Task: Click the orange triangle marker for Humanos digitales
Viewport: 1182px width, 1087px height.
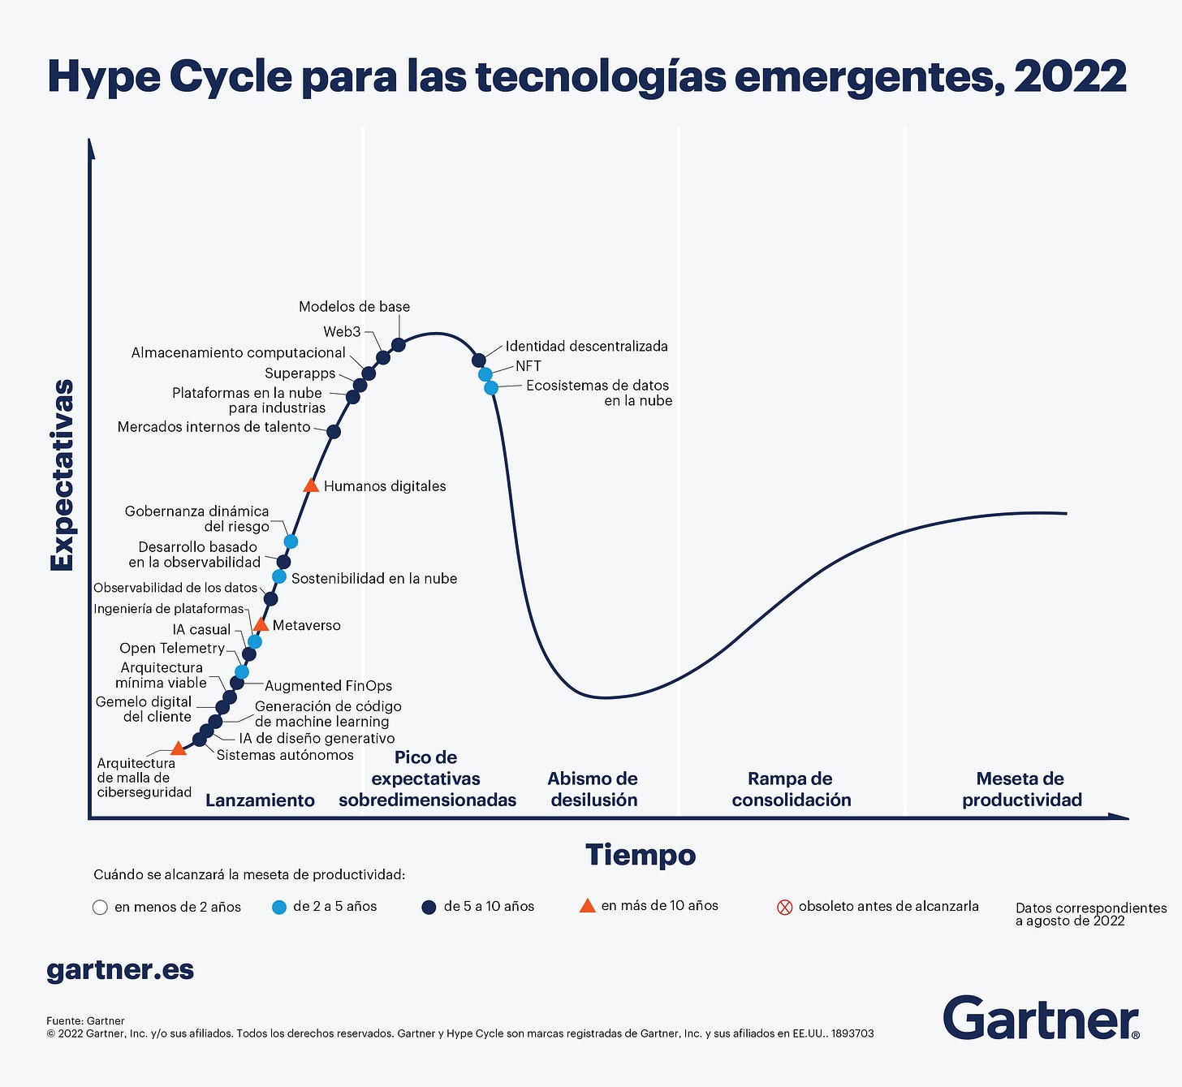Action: (310, 485)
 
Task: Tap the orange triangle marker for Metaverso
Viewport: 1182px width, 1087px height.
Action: (261, 624)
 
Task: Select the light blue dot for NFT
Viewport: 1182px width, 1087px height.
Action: (485, 374)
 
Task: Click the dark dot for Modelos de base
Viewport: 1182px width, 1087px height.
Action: (399, 345)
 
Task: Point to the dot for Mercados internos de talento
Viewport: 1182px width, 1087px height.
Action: (334, 431)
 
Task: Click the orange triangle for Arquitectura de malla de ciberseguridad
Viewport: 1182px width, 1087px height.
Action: (179, 748)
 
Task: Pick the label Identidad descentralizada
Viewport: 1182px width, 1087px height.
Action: (586, 346)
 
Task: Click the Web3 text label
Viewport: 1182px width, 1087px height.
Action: (342, 331)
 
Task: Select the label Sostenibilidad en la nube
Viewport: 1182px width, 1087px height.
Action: (373, 578)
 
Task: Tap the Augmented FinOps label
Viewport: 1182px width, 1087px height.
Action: (328, 686)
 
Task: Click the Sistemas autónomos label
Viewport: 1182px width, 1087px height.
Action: (285, 755)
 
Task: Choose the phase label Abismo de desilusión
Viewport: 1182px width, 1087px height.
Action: (593, 789)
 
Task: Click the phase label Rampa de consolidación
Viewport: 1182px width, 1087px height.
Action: (791, 789)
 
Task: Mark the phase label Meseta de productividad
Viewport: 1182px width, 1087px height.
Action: (1021, 789)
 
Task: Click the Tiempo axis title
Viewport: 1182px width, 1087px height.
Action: (641, 855)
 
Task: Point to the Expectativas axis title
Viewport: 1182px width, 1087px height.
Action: (63, 475)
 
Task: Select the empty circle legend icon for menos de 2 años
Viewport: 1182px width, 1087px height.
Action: (101, 908)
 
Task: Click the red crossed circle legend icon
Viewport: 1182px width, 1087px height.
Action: (784, 907)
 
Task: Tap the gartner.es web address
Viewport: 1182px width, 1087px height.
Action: (120, 969)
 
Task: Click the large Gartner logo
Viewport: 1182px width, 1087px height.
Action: (1041, 1018)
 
